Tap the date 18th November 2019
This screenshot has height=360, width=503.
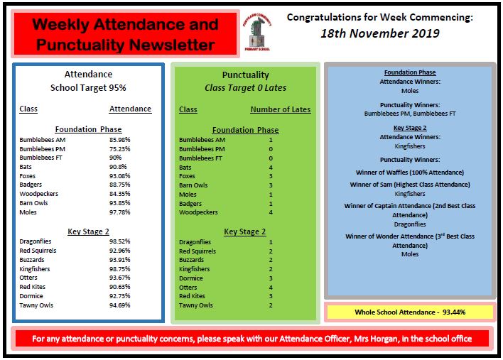click(x=380, y=33)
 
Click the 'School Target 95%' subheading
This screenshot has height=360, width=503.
click(x=88, y=88)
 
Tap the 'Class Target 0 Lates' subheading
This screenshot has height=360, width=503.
click(x=244, y=88)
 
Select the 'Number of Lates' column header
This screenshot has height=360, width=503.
click(x=280, y=110)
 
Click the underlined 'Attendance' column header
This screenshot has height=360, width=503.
click(x=130, y=109)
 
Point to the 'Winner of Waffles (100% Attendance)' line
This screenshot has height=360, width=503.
click(x=409, y=173)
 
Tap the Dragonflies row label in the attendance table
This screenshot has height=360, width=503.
click(x=36, y=242)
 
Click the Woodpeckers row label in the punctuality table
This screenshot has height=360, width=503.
click(x=198, y=212)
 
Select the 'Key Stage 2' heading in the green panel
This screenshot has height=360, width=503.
click(x=244, y=231)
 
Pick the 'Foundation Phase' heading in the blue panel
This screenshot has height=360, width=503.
click(x=409, y=72)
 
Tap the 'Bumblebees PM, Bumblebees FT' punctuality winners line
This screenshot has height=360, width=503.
click(x=409, y=113)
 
